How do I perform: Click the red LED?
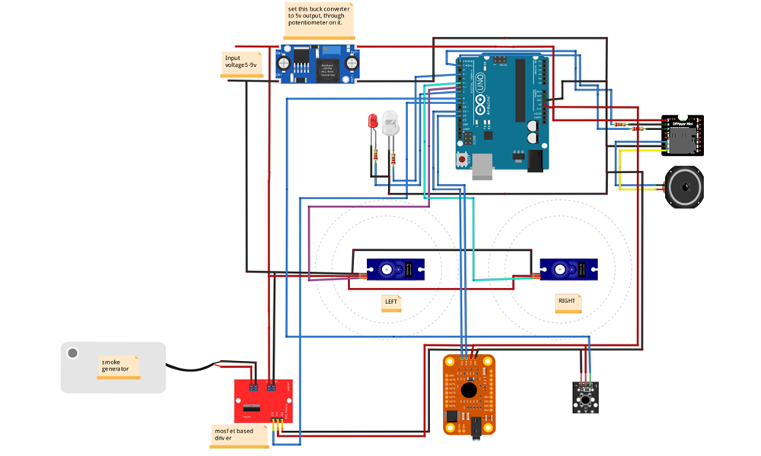pos(373,122)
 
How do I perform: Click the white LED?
pos(390,123)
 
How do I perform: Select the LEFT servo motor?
pos(395,269)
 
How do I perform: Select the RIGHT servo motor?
pos(568,269)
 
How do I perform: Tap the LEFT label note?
pos(391,302)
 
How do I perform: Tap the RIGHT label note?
pos(567,302)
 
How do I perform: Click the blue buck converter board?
pos(316,63)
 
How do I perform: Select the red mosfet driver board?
pos(263,401)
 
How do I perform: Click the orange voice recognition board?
pos(469,394)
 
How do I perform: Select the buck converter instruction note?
pos(319,20)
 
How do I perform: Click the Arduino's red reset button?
pos(462,160)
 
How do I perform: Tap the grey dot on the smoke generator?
pos(73,353)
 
